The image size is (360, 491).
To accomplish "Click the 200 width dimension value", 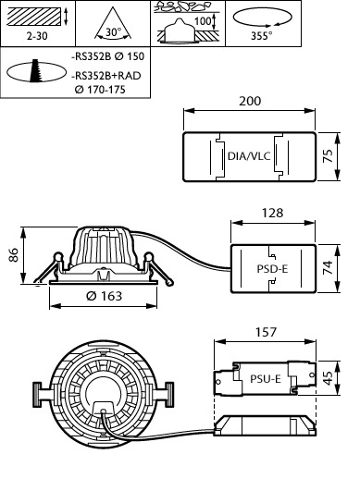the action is [250, 101].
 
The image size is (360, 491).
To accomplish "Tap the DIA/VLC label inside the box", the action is [249, 156].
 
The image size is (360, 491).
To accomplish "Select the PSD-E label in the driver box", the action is [272, 269].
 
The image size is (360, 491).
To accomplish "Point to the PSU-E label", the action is [266, 379].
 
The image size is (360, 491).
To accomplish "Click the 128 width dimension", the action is [272, 213].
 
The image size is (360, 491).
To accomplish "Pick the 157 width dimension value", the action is [266, 332].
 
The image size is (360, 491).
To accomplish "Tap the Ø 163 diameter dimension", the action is [104, 296].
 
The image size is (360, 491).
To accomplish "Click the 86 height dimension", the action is [15, 254].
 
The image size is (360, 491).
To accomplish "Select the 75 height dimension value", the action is [328, 155].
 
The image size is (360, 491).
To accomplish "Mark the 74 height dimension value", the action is [328, 268].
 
